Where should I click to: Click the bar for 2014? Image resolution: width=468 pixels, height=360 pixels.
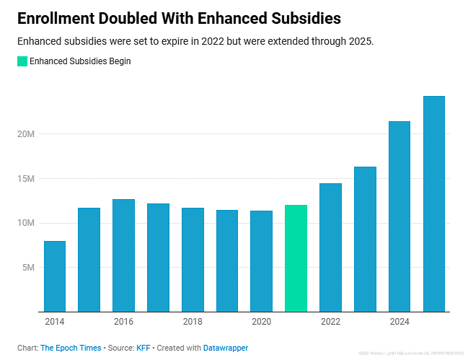54,276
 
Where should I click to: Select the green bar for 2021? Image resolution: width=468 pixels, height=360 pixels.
296,258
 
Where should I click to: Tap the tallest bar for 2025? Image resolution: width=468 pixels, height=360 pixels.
433,203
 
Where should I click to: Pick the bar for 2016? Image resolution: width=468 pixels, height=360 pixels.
123,255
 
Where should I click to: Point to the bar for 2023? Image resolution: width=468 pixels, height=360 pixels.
365,239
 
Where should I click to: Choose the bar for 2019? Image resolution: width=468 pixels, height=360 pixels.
227,260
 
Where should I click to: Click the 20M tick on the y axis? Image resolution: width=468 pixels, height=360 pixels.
26,134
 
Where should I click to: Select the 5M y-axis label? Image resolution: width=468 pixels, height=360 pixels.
28,268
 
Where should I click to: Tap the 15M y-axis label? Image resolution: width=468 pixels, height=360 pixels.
26,179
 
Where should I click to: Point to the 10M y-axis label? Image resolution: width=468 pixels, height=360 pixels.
26,223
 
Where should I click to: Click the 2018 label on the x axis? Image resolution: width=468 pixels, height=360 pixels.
193,322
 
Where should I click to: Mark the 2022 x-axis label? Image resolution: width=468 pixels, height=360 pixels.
330,322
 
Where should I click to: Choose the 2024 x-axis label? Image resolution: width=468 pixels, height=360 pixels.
399,322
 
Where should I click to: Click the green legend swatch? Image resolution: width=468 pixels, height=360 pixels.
22,61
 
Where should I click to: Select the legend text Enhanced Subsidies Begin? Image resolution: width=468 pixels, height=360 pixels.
80,61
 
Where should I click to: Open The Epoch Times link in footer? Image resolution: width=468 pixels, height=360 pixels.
71,348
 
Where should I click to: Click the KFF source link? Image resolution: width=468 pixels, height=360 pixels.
143,348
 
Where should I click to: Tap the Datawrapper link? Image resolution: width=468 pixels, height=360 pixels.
225,348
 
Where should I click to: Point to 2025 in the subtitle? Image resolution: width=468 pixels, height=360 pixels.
358,41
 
